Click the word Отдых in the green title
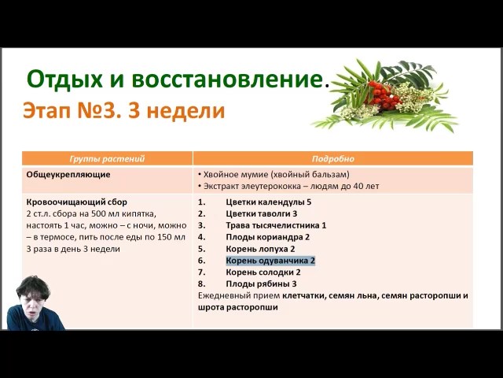click(x=64, y=80)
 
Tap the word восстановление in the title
click(x=227, y=80)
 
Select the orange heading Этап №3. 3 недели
click(x=124, y=111)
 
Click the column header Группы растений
click(x=107, y=159)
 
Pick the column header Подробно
click(x=333, y=159)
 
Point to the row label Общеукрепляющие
click(x=68, y=175)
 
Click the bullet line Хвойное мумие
click(x=274, y=175)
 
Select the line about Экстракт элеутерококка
click(x=288, y=186)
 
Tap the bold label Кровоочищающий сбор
click(x=77, y=202)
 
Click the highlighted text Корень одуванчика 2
click(x=270, y=261)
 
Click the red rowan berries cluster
click(x=383, y=94)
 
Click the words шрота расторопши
click(x=237, y=307)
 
